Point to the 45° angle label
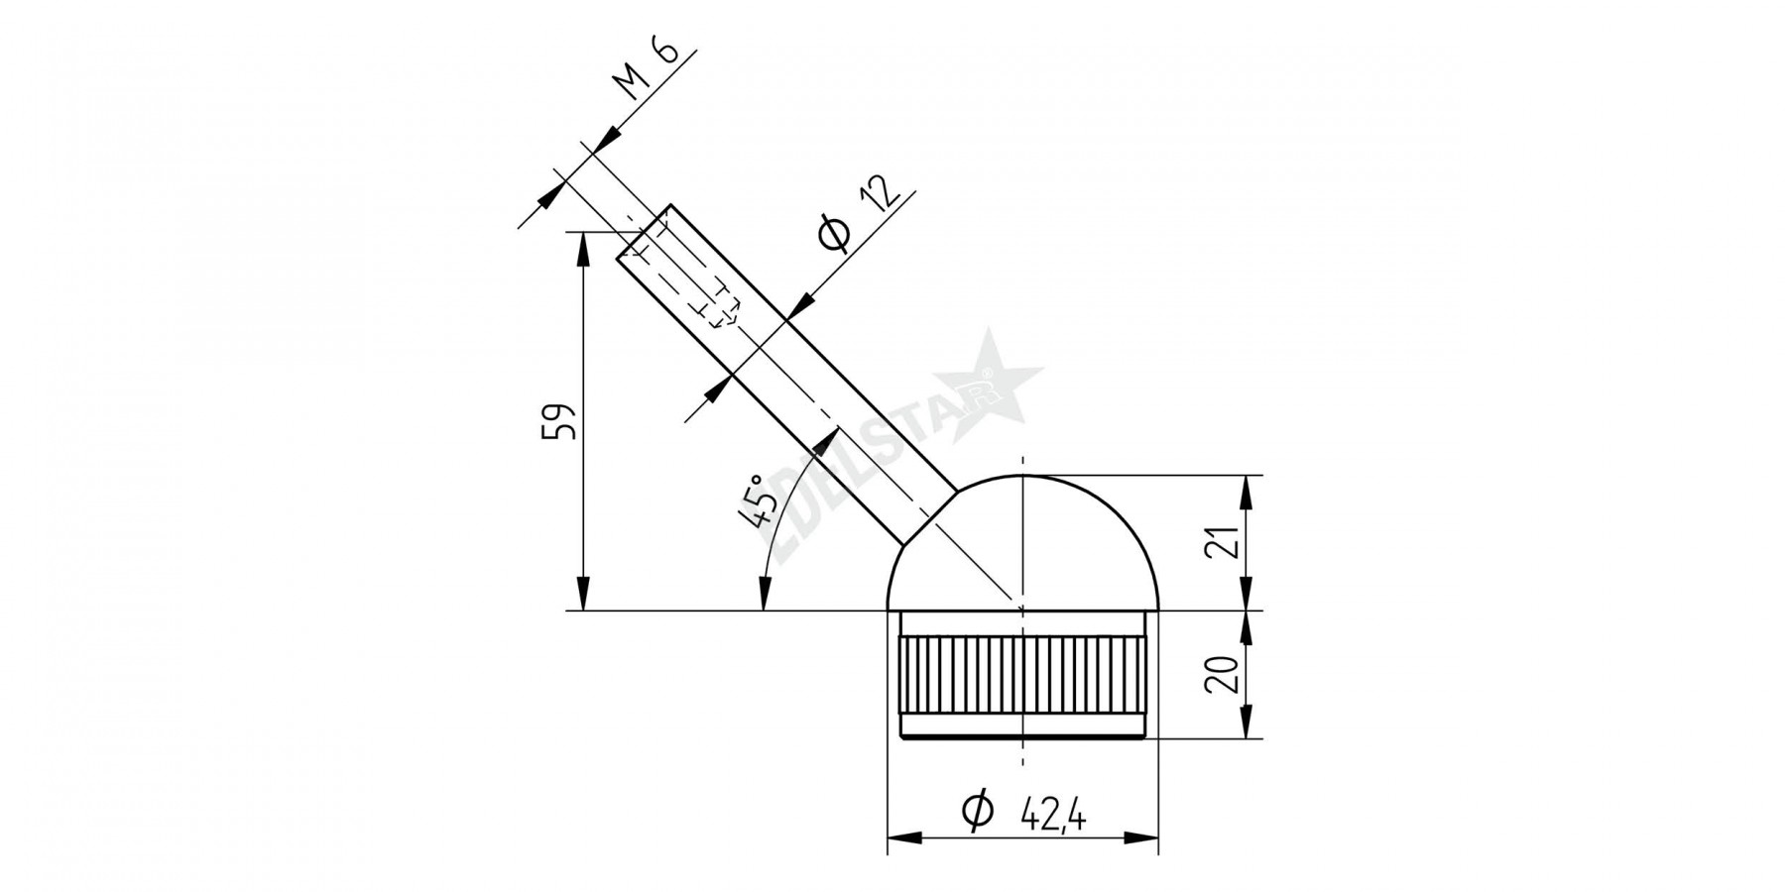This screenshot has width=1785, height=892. pos(758,502)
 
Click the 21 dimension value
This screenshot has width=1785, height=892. pos(1224,543)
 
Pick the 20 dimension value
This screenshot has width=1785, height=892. pos(1224,674)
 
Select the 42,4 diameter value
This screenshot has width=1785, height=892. pos(1053,816)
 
